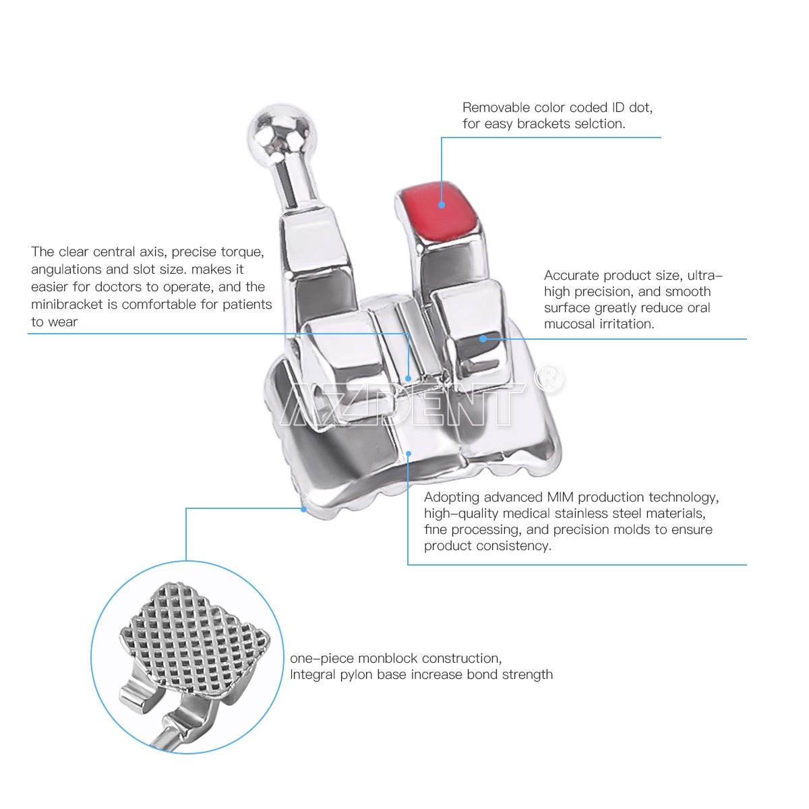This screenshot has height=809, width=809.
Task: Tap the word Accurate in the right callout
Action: [572, 276]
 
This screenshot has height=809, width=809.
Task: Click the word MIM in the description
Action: [560, 497]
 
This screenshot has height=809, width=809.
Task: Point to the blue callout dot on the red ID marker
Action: [441, 205]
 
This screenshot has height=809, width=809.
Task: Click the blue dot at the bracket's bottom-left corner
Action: [303, 509]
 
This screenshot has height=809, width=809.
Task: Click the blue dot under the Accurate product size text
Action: [483, 338]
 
